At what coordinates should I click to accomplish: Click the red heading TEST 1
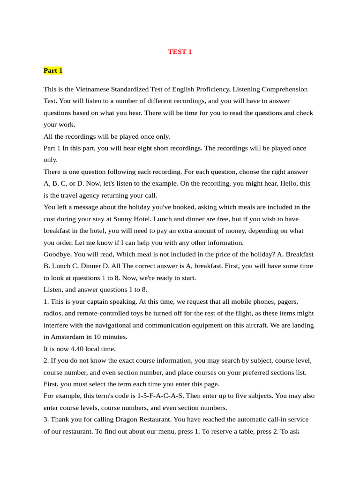click(180, 52)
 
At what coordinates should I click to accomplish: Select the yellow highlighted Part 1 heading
click(53, 70)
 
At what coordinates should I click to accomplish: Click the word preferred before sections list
click(230, 372)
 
